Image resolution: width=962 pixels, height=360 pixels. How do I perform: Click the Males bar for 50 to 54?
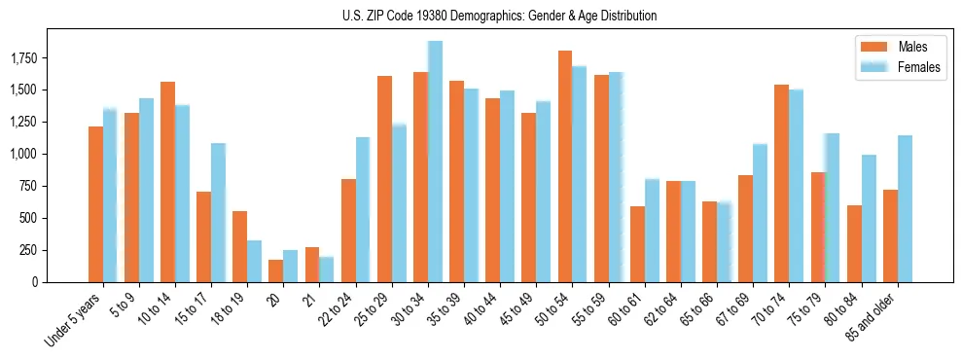point(564,166)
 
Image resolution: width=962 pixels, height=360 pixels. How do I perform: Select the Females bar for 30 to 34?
point(435,162)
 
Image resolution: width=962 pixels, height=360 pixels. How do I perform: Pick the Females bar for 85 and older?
point(905,209)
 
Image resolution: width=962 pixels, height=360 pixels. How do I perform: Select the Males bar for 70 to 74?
point(781,184)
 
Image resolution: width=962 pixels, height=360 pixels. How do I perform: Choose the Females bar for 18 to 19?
point(254,261)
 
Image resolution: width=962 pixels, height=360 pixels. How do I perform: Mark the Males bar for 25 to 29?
point(384,179)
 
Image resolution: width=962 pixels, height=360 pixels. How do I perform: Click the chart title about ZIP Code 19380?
point(500,16)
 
